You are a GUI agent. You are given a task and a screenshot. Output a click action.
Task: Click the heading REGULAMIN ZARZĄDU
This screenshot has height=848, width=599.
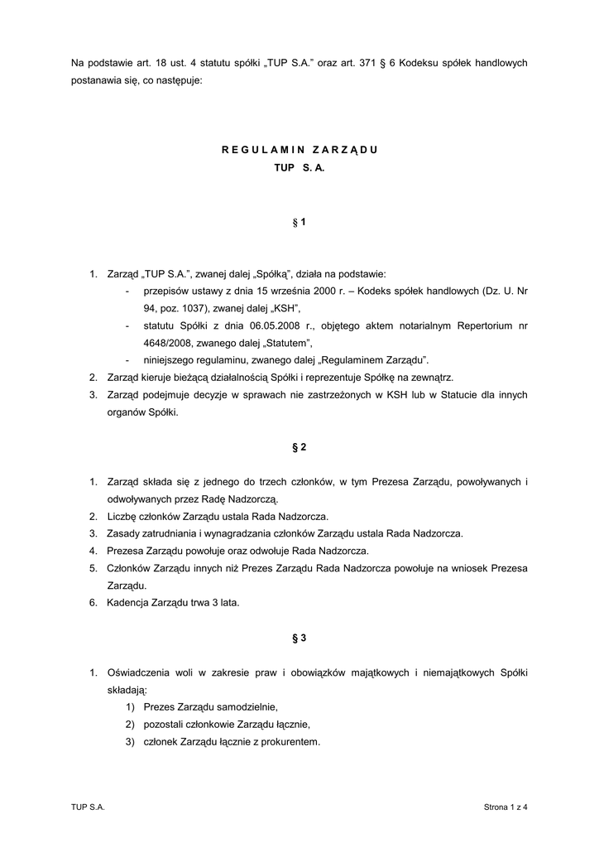[x=299, y=150]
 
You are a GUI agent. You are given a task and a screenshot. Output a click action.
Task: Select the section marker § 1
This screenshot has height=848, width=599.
[x=299, y=223]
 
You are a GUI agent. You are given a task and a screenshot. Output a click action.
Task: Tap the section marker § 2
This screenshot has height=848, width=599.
[x=299, y=447]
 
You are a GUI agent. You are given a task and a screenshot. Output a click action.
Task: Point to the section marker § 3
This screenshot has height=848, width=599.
[x=299, y=638]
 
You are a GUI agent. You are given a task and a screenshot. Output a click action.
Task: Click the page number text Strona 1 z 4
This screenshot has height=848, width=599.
[x=506, y=807]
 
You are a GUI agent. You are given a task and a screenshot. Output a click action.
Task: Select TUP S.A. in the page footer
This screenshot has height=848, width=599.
[x=89, y=807]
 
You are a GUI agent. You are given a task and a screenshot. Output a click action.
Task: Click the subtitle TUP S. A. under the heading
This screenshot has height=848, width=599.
[x=299, y=167]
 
